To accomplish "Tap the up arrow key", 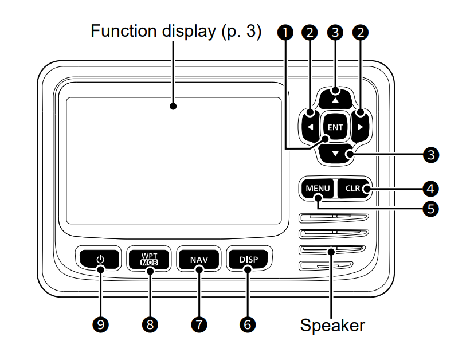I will (x=335, y=97).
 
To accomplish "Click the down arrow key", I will (x=335, y=154).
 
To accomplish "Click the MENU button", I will (x=317, y=188).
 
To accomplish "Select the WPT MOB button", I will (x=150, y=260).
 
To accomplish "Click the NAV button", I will (x=199, y=260).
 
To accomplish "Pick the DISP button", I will (x=248, y=260).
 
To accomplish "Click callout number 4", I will (x=429, y=187).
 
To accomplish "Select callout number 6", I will (x=248, y=324).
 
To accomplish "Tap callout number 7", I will (x=199, y=324).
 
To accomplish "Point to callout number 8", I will (x=150, y=324).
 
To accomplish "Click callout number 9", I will (x=101, y=324).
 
